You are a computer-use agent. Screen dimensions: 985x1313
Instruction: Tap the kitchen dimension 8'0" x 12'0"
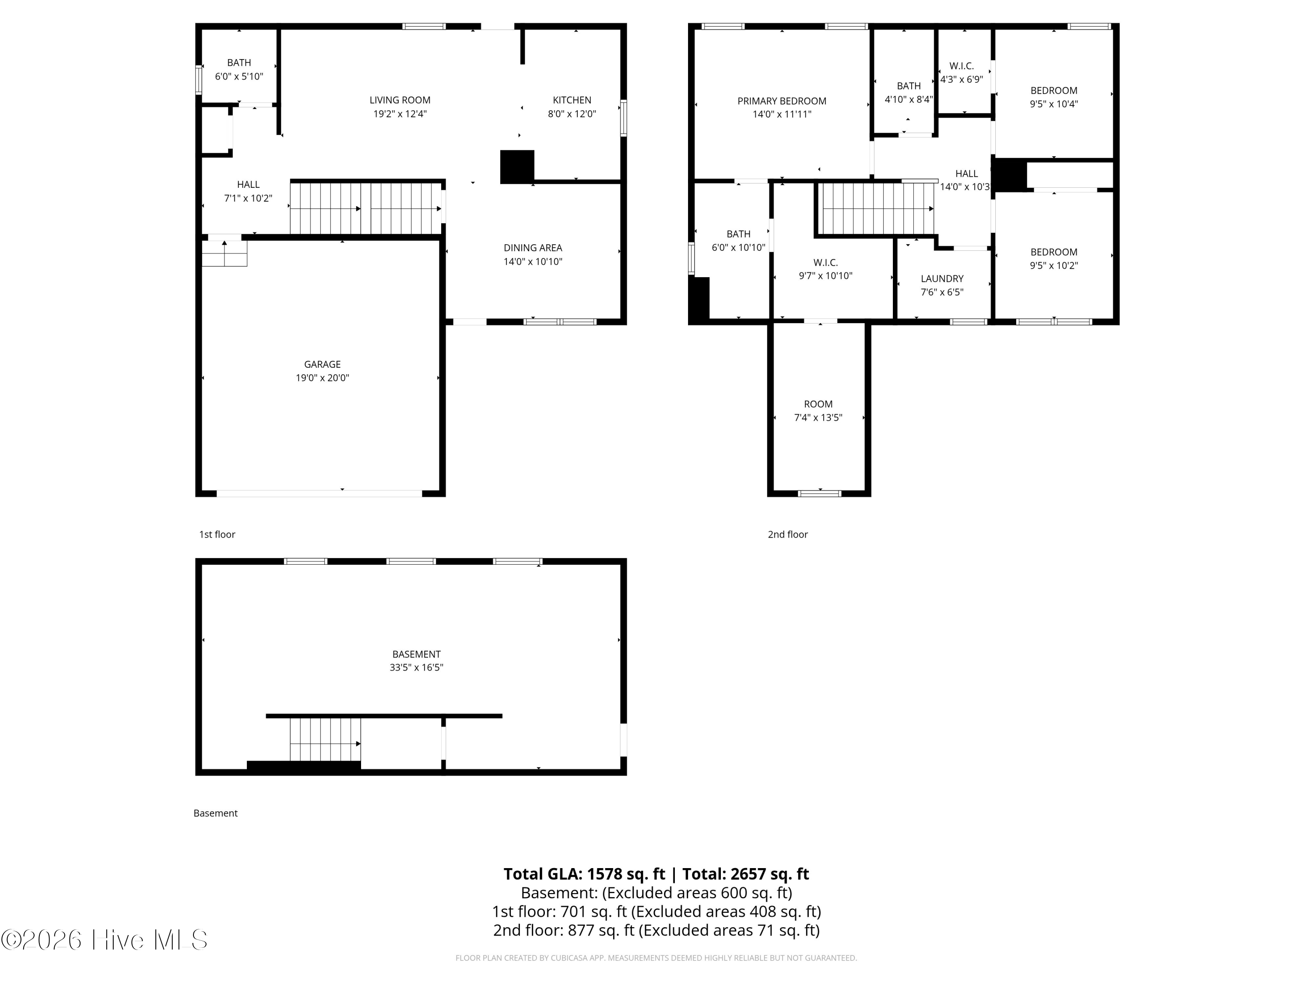click(x=572, y=114)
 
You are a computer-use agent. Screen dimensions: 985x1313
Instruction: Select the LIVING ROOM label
click(x=400, y=100)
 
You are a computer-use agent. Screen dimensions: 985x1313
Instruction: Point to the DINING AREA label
click(x=533, y=248)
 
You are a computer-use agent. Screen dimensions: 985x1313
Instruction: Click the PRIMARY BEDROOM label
click(x=781, y=102)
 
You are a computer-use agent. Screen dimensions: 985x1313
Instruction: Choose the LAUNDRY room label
click(x=941, y=279)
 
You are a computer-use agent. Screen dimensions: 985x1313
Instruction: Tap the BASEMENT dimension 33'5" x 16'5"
click(x=416, y=667)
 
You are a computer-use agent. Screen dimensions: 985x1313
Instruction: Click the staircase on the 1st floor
click(x=365, y=208)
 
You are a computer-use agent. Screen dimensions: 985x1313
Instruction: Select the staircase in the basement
click(x=325, y=739)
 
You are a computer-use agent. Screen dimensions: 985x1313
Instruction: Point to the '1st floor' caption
click(x=217, y=535)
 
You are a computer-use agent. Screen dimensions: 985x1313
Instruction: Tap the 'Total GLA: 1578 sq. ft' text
click(x=584, y=874)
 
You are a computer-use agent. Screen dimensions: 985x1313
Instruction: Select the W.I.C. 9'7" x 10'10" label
click(x=825, y=269)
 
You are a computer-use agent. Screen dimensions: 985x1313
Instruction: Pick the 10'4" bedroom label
click(x=1053, y=97)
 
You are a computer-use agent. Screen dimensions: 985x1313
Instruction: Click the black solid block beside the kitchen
click(x=517, y=167)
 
